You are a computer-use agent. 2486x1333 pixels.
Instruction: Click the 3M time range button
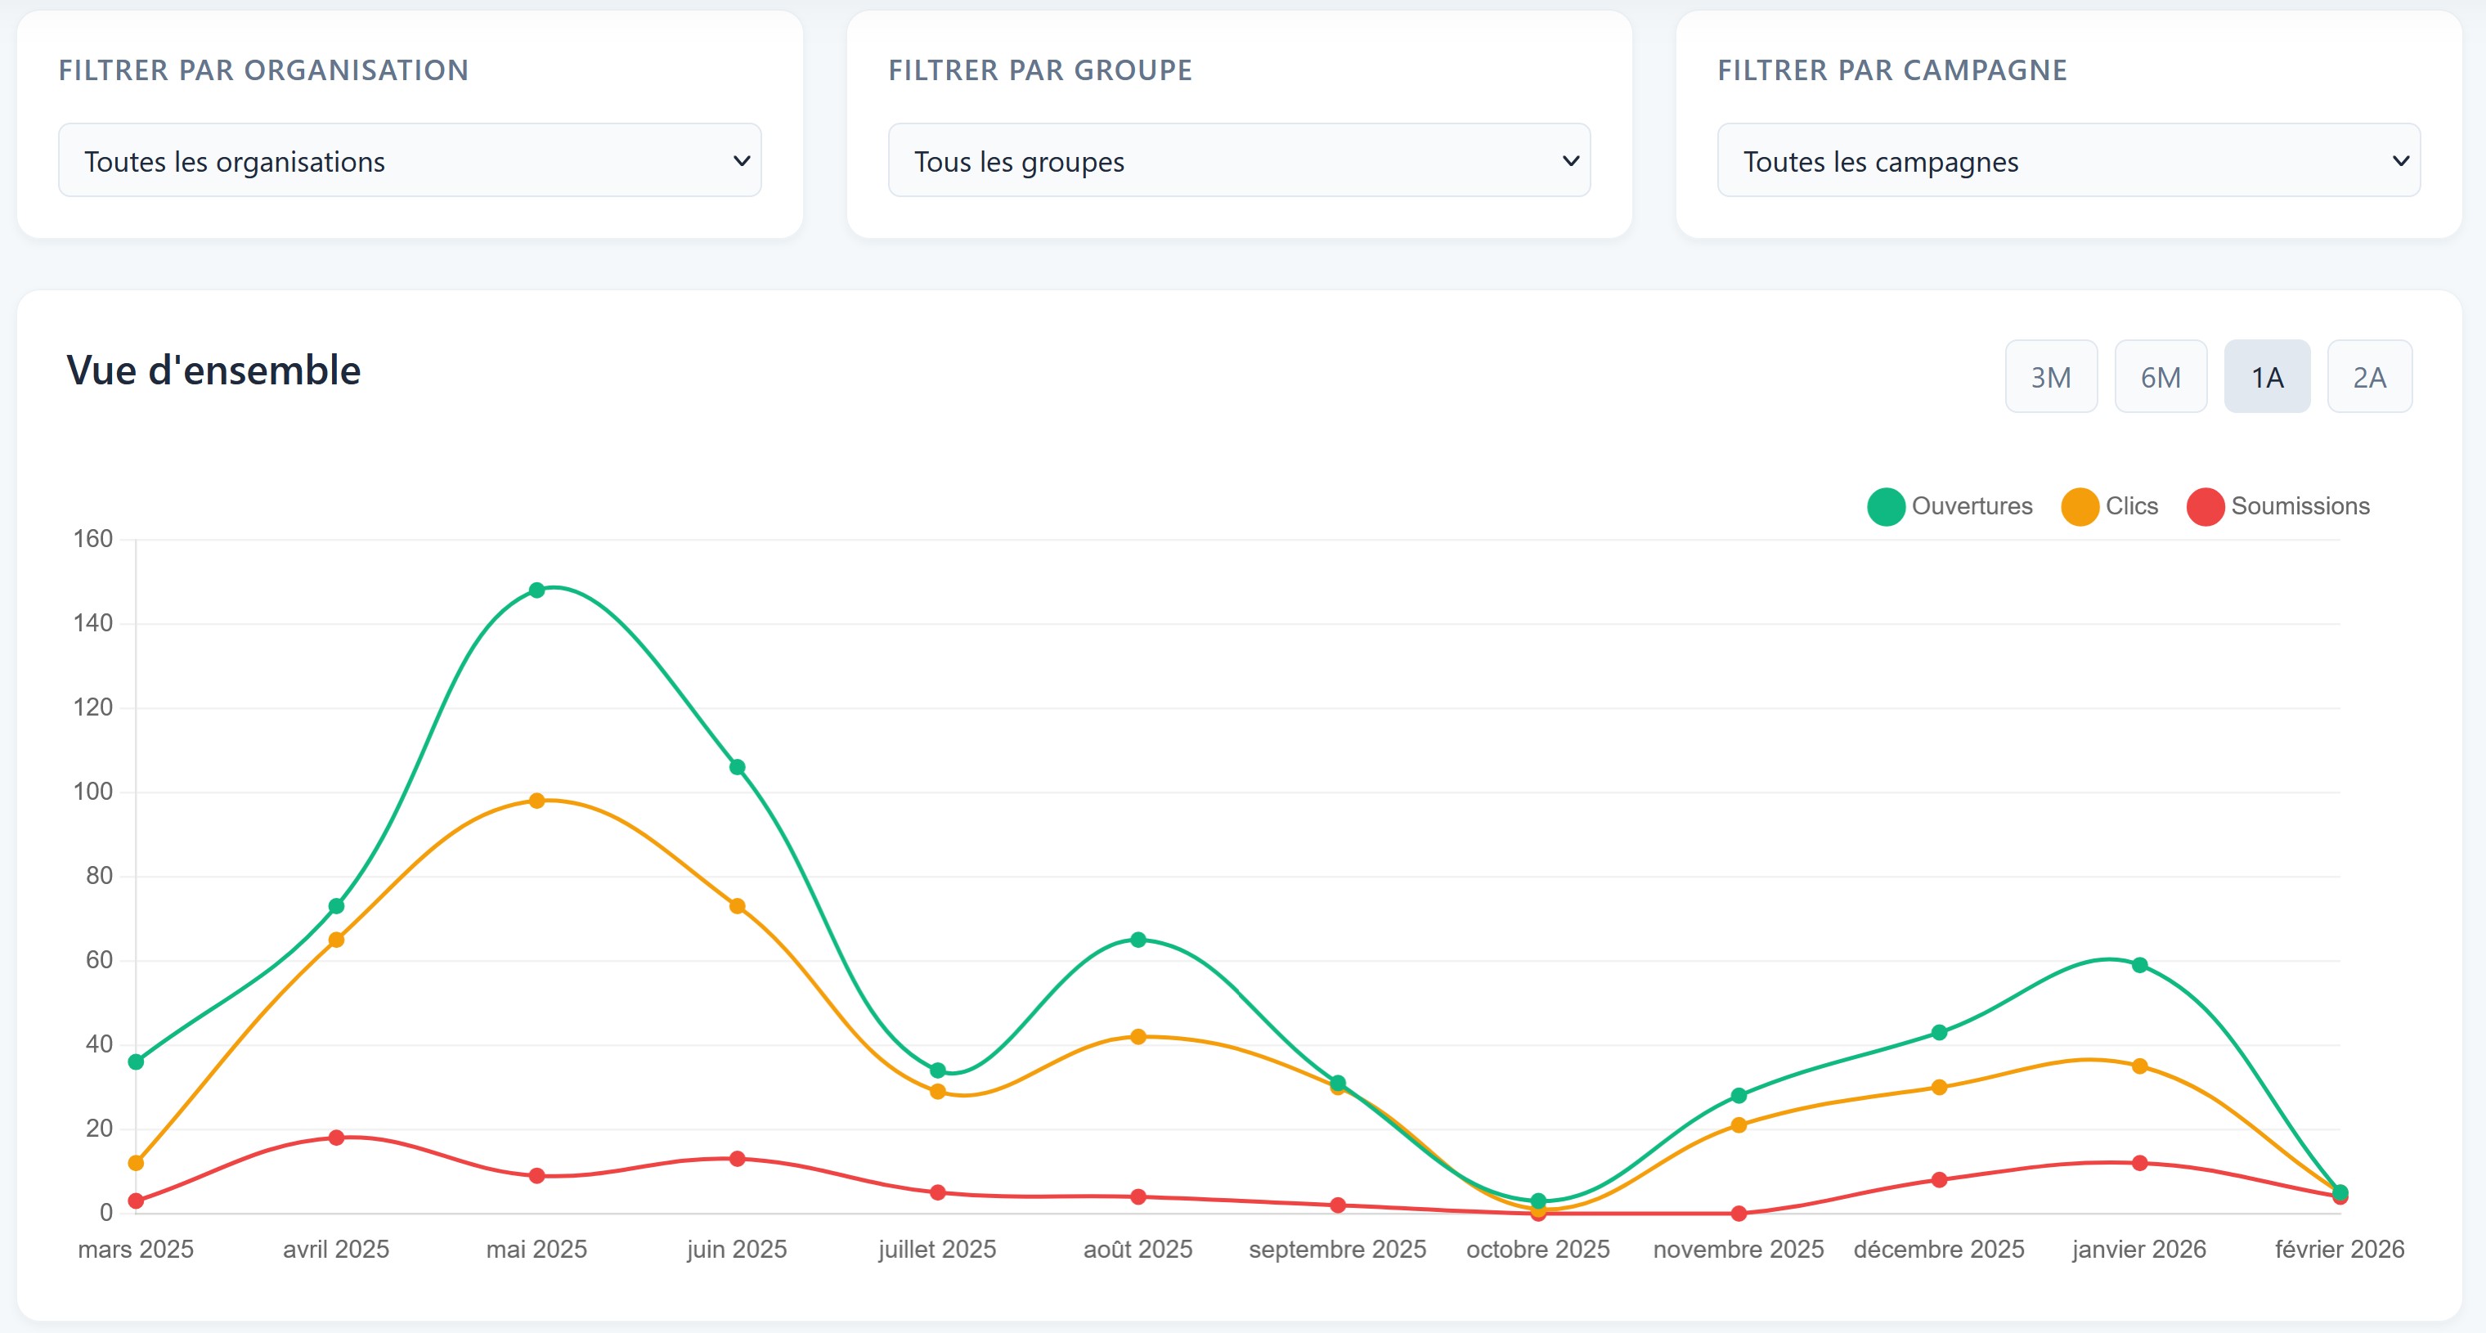[x=2050, y=376]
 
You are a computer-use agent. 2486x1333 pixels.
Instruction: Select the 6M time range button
[x=2160, y=376]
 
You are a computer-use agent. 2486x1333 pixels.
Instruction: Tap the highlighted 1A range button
[x=2266, y=376]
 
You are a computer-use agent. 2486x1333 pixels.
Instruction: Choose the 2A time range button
[x=2368, y=376]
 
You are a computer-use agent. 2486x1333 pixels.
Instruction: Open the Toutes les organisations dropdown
[x=409, y=160]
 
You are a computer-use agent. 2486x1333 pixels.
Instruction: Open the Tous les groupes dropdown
[x=1238, y=160]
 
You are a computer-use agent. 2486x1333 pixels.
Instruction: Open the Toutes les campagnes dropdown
[x=2067, y=160]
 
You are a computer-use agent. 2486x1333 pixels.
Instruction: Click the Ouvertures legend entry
[x=1950, y=505]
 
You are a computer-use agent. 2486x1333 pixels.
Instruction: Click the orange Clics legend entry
[x=2110, y=505]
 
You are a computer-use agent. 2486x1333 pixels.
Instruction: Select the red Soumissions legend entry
[x=2277, y=505]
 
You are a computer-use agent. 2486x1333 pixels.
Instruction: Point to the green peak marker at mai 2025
[x=536, y=590]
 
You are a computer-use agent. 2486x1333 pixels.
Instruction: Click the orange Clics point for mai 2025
[x=536, y=800]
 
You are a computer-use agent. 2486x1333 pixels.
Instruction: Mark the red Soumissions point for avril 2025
[x=336, y=1137]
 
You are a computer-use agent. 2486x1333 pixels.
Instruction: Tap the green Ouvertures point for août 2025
[x=1138, y=939]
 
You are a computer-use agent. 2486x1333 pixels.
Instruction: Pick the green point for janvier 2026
[x=2138, y=964]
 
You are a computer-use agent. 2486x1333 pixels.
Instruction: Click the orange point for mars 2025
[x=136, y=1162]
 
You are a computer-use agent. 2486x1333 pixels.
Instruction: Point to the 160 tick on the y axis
[x=93, y=539]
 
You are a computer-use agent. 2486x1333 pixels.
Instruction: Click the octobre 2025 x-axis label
[x=1537, y=1249]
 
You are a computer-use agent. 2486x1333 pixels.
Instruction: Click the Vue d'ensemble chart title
[x=213, y=370]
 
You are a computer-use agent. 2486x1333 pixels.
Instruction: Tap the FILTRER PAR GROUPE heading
[x=1039, y=70]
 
